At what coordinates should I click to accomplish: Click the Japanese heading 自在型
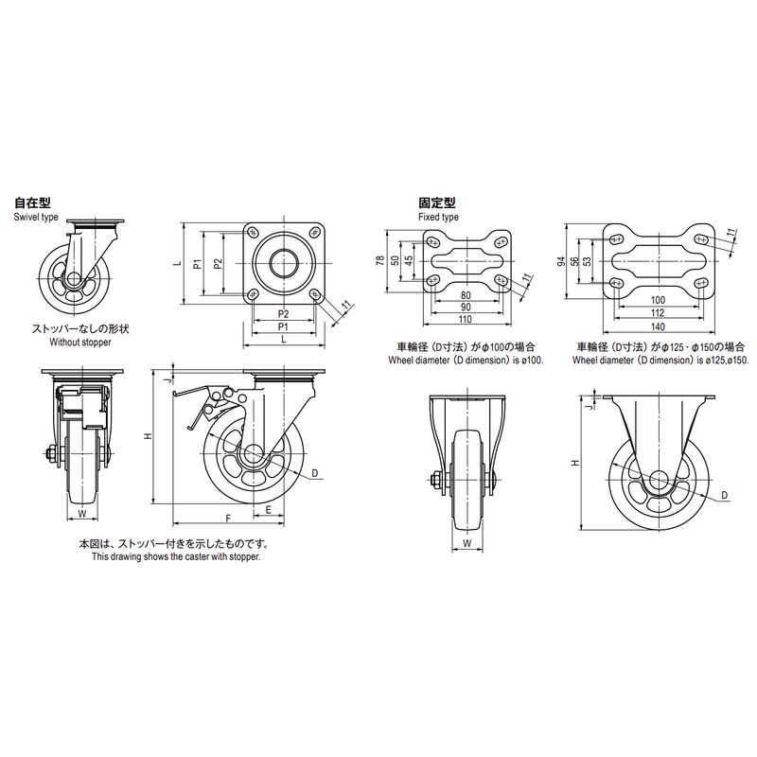(32, 202)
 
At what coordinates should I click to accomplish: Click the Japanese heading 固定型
(437, 202)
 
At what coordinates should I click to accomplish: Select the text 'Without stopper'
(80, 343)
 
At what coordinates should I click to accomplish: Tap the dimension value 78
(380, 261)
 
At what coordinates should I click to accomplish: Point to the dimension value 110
(465, 319)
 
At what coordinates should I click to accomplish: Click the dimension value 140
(658, 326)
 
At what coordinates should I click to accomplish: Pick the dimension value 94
(561, 262)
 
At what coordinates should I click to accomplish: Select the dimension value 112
(658, 313)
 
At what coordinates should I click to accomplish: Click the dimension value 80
(466, 295)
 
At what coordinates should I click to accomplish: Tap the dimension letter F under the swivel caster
(228, 519)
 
